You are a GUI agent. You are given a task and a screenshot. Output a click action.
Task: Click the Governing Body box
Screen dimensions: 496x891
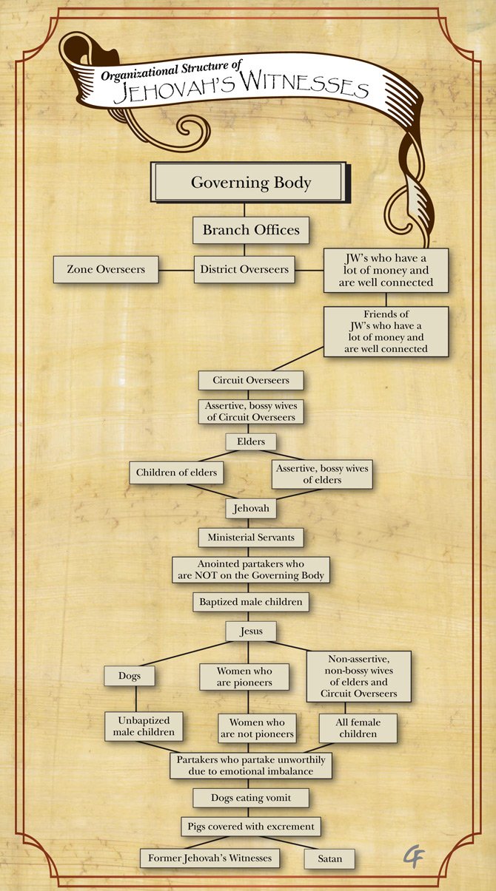[250, 182]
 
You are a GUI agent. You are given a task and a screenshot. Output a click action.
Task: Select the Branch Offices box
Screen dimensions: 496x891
[251, 230]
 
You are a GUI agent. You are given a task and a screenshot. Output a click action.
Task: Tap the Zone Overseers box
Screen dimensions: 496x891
[106, 269]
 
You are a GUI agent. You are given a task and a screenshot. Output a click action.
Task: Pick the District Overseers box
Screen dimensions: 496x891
[244, 269]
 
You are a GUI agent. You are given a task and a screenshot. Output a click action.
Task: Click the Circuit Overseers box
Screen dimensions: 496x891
[251, 380]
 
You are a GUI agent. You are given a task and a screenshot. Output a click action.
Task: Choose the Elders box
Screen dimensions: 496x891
[251, 441]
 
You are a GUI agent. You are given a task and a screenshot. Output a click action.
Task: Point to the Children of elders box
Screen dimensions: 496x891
[176, 472]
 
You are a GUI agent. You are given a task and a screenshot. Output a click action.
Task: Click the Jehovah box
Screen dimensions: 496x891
[251, 508]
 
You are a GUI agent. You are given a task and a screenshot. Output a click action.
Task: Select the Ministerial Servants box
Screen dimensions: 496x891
[251, 538]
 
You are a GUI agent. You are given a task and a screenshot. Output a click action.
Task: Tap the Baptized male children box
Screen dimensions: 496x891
[251, 602]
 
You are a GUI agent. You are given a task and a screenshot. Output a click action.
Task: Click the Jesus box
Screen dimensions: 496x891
[251, 631]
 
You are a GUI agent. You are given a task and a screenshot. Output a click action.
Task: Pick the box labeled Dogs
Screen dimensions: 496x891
[130, 676]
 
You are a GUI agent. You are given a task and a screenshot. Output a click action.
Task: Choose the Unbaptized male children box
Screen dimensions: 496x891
[144, 726]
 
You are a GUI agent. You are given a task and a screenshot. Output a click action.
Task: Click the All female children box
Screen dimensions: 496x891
[358, 728]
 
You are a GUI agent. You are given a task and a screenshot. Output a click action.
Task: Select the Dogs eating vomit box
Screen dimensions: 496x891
[251, 798]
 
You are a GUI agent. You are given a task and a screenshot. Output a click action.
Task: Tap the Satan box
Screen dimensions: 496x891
[329, 858]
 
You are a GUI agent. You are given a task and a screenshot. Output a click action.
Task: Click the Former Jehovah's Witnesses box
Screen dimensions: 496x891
[210, 858]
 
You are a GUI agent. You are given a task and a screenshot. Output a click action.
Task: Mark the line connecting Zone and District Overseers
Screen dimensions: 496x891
[176, 271]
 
